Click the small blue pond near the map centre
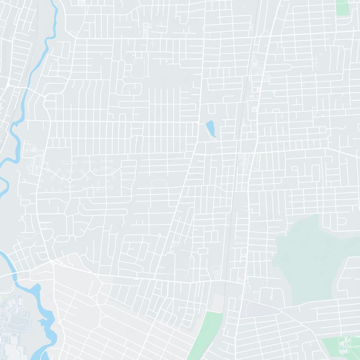click(x=210, y=129)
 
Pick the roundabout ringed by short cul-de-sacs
click(x=70, y=180)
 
